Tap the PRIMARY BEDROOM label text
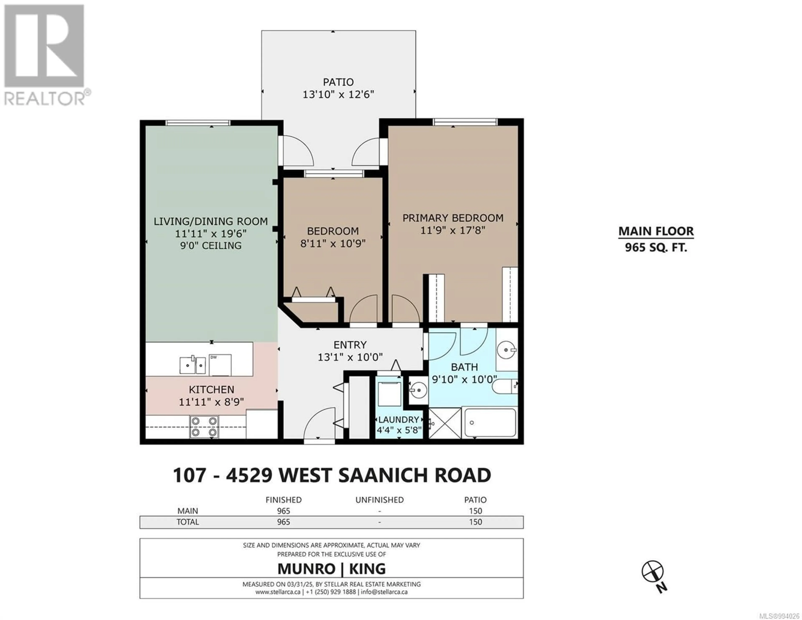pos(453,218)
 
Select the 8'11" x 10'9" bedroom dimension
pos(333,243)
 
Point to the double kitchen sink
pos(192,365)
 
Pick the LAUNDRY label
pos(398,420)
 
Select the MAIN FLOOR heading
pos(656,231)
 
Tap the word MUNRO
pos(306,569)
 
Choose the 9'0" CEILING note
pos(211,246)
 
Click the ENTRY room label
pos(350,345)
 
